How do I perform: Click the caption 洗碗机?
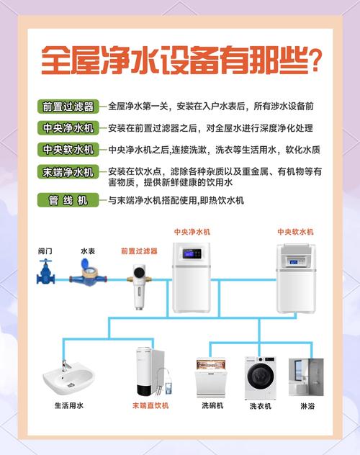click(x=212, y=406)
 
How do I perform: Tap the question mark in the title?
click(x=313, y=59)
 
